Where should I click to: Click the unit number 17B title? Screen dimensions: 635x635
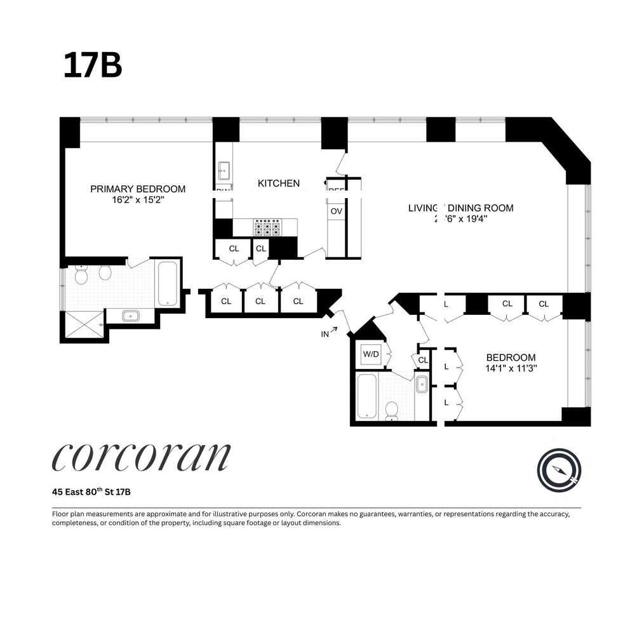[92, 65]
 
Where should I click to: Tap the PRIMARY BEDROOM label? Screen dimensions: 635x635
[138, 189]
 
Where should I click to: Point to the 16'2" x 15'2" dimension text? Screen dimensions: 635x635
[138, 199]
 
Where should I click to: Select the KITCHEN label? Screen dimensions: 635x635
[278, 184]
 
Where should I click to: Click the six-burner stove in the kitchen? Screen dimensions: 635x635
[267, 227]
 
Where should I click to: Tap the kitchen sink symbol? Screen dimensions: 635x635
[224, 170]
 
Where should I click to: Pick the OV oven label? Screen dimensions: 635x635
[335, 211]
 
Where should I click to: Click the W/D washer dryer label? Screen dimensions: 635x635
[370, 354]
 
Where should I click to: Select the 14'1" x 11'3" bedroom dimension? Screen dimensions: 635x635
[511, 368]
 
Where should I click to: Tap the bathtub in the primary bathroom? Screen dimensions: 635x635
[167, 283]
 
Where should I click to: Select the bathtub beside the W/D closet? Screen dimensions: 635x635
[366, 396]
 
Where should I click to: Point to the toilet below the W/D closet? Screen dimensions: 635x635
[392, 410]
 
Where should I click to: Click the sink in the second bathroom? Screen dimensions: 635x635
[422, 385]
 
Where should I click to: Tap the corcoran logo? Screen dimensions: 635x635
[141, 457]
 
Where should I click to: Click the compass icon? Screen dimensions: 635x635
[559, 470]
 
